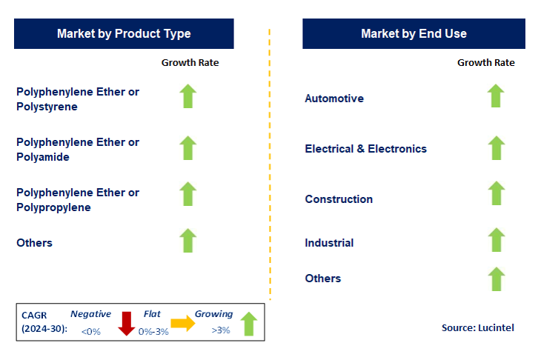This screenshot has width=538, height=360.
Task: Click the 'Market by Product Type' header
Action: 124,33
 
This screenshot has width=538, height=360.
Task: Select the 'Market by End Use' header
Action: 414,33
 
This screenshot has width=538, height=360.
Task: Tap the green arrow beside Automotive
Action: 496,96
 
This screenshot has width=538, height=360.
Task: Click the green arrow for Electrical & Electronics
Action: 496,147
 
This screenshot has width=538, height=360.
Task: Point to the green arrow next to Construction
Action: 496,194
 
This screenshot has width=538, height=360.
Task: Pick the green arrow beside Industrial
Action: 496,240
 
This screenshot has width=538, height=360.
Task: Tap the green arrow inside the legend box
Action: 249,324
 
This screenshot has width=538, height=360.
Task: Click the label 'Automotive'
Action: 334,99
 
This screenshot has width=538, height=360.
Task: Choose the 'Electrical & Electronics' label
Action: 365,149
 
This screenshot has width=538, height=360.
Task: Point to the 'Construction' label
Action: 339,199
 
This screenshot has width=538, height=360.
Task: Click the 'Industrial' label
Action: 329,243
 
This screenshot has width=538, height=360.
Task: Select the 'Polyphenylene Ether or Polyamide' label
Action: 78,150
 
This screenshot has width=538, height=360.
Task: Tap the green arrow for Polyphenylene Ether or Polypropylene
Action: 188,194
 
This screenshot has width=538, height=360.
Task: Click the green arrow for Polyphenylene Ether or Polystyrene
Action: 188,96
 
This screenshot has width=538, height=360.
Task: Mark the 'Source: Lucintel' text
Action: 476,328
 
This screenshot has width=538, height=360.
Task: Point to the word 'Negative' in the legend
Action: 90,314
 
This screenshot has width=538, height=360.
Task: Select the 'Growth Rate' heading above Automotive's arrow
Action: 485,63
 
